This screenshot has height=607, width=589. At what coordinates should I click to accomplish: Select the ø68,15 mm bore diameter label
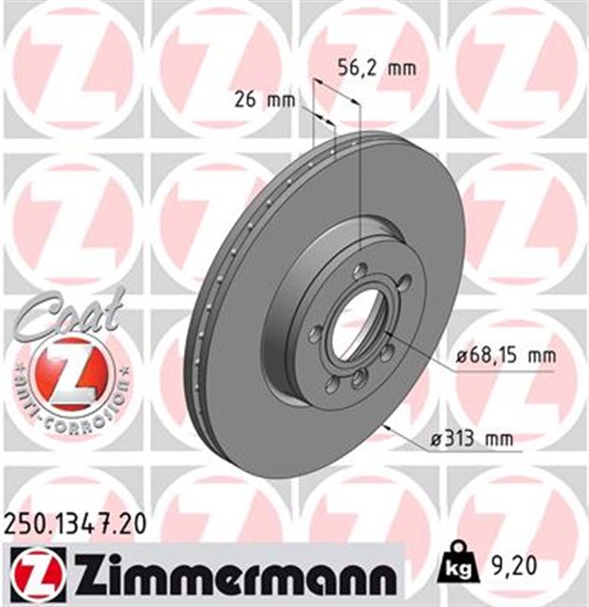[505, 356]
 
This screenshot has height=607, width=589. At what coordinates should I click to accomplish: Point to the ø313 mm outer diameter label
[471, 438]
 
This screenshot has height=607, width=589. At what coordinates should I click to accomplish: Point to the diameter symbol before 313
[436, 438]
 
